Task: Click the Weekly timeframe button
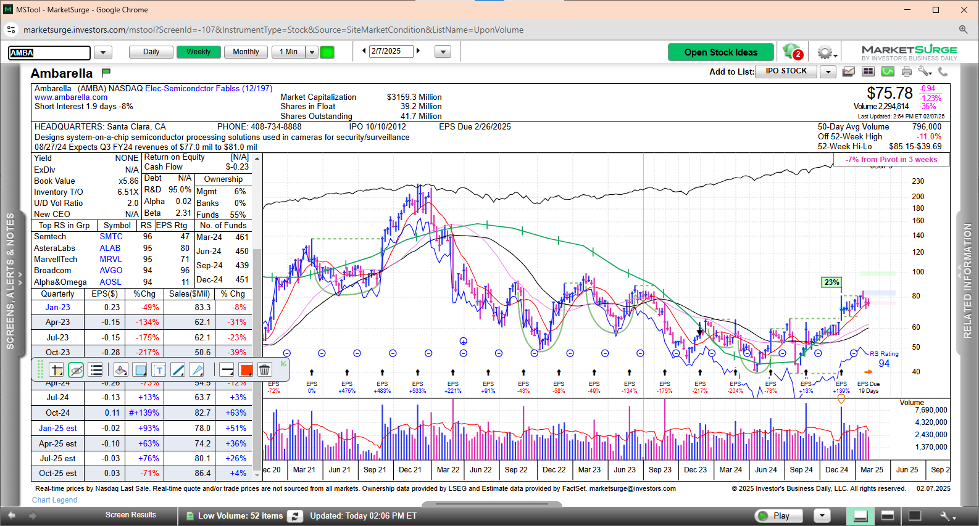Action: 198,52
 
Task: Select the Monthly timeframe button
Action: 246,52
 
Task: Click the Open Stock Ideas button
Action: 720,52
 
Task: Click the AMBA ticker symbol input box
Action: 49,53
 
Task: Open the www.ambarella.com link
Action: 71,97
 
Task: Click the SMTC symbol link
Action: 111,237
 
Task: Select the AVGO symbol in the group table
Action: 111,271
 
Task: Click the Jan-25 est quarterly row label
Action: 57,428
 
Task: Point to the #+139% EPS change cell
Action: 144,413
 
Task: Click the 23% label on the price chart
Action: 831,282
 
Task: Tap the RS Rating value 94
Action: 884,364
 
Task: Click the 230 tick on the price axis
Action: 918,181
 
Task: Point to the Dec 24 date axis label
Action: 836,470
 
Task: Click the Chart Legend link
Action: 55,500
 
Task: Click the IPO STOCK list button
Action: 786,72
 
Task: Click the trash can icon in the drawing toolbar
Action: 264,370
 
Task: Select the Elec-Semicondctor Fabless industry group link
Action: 209,89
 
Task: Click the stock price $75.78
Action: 889,94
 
